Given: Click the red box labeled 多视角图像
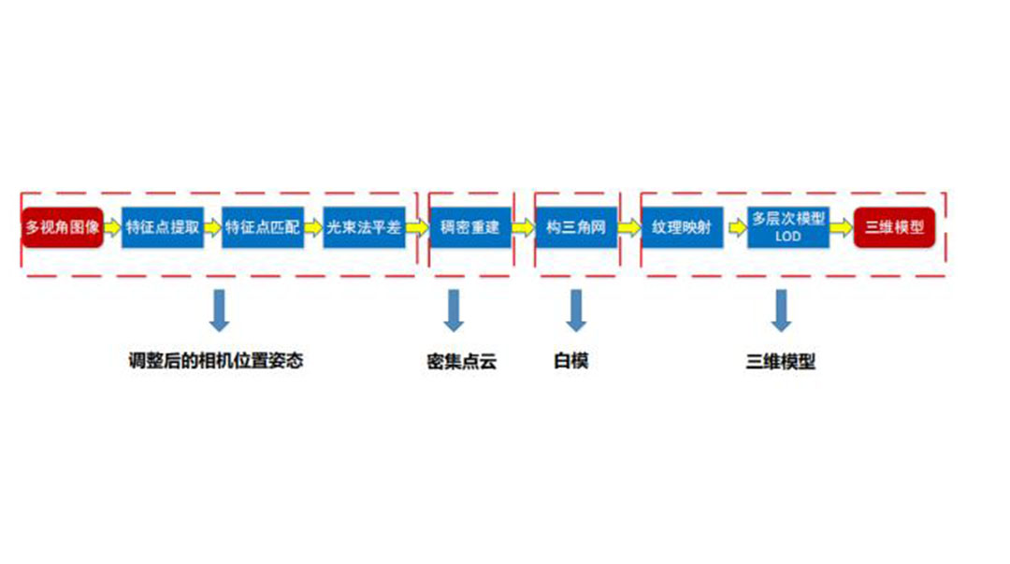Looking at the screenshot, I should (x=63, y=227).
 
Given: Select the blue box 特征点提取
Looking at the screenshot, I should (x=163, y=227).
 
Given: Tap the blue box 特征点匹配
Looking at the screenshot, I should (x=263, y=227).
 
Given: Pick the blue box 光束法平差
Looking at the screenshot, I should (x=364, y=227).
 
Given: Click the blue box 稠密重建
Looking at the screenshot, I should (x=470, y=227).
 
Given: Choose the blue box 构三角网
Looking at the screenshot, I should (x=576, y=227).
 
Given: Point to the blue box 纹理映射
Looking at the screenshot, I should (x=682, y=227).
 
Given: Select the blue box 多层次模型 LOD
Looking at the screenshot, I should (x=788, y=227).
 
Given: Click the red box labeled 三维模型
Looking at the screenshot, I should (x=894, y=227).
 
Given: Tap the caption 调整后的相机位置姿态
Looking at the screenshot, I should (x=216, y=360).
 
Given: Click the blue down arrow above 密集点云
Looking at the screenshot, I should (x=454, y=311).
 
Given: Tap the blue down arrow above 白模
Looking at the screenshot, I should (x=576, y=311).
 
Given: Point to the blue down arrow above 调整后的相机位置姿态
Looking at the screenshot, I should (x=219, y=311).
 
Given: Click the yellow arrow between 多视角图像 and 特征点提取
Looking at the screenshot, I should (x=112, y=227).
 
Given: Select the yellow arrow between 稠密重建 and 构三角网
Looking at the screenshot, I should (x=523, y=227).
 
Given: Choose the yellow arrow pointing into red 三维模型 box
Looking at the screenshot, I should (x=841, y=227).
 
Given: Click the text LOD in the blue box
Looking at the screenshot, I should (x=788, y=237).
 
